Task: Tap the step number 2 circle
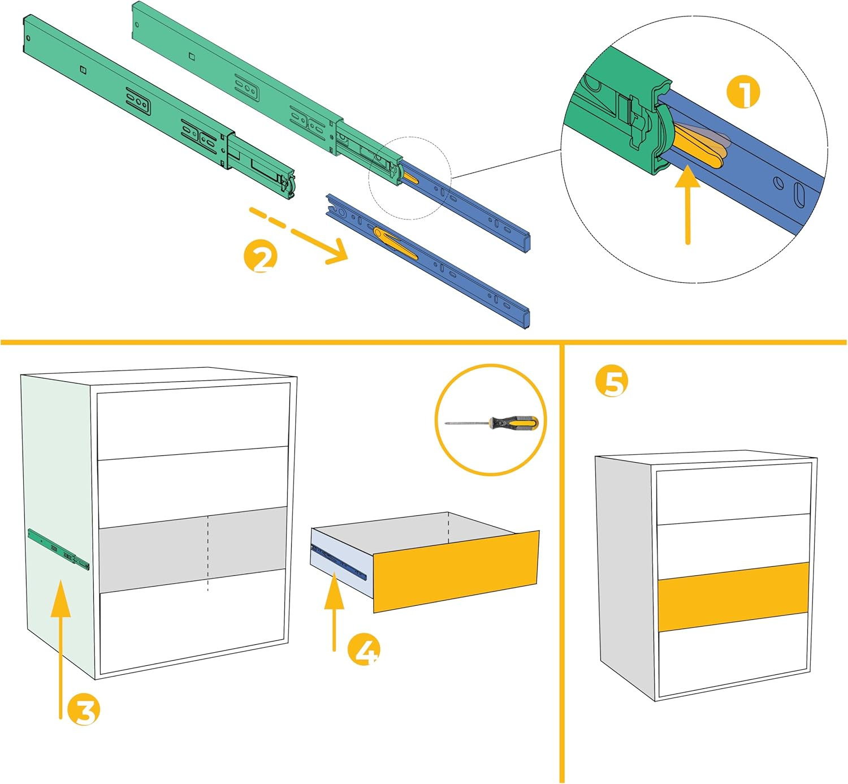tap(261, 257)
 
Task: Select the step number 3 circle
tap(84, 710)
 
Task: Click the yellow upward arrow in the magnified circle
tap(687, 204)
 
